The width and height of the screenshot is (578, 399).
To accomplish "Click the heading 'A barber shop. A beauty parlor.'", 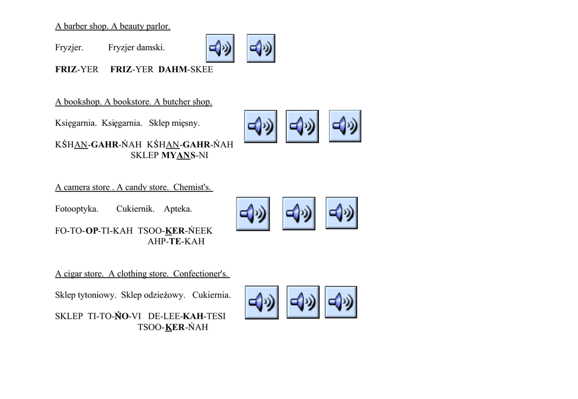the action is point(112,26).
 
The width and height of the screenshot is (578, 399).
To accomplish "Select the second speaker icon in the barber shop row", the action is point(261,49).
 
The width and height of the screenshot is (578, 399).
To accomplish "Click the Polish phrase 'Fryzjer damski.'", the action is point(137,48).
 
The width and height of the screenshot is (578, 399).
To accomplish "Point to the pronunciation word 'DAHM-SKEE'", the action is point(186,69).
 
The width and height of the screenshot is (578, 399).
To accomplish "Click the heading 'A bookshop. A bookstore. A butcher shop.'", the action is point(134,102).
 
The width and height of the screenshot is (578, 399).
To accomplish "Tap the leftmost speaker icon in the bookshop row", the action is point(261,126).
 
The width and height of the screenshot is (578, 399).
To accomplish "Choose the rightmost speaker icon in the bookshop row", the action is point(345,126).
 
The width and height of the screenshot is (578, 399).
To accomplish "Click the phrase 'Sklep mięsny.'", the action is point(174,123).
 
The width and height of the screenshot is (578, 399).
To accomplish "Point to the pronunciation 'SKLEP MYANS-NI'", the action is point(169,155).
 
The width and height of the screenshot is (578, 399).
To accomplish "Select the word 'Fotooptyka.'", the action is point(77,209).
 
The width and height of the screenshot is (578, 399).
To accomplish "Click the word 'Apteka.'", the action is point(178,209).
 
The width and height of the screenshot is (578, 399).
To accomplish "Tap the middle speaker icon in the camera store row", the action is point(299,213).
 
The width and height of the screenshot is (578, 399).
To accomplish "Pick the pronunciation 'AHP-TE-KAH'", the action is point(176,242).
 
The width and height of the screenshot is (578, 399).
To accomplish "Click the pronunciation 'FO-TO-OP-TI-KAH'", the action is point(94,230).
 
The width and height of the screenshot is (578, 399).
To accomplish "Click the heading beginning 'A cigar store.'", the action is point(142,274).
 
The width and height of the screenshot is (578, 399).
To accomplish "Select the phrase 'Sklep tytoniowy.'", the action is point(86,295).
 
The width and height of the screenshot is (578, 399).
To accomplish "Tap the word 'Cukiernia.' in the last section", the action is point(211,295).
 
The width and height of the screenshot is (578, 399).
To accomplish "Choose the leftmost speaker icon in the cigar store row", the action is point(261,302).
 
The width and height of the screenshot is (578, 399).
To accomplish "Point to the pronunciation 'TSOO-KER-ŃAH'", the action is point(173,327).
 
